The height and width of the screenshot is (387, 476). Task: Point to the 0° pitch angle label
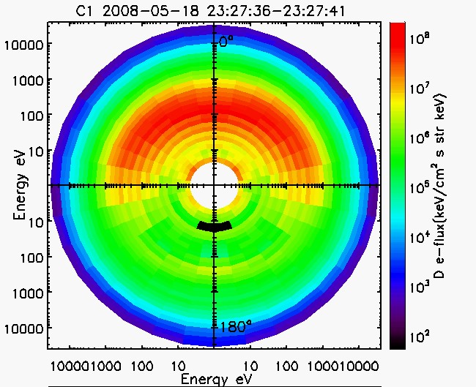coord(227,42)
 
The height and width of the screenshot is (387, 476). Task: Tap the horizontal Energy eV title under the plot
coord(213,379)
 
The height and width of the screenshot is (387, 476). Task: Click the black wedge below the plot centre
coord(214,226)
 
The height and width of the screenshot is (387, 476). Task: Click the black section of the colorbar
coord(398,341)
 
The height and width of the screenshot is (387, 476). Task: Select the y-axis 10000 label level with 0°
coord(26,45)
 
